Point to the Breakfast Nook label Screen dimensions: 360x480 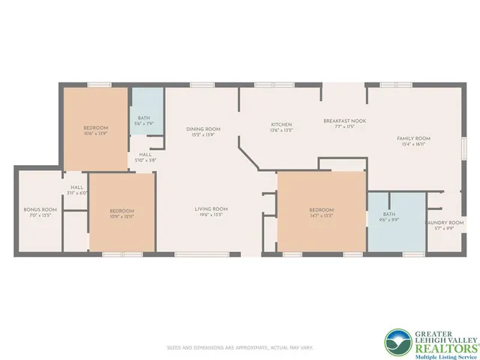[x=339, y=121]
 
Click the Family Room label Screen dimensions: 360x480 [x=412, y=138]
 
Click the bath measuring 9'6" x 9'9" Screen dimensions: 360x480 [x=383, y=216]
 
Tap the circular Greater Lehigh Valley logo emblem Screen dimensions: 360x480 [x=397, y=340]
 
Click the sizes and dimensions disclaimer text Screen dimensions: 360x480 [x=239, y=348]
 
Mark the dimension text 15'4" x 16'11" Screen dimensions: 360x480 [x=412, y=143]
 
